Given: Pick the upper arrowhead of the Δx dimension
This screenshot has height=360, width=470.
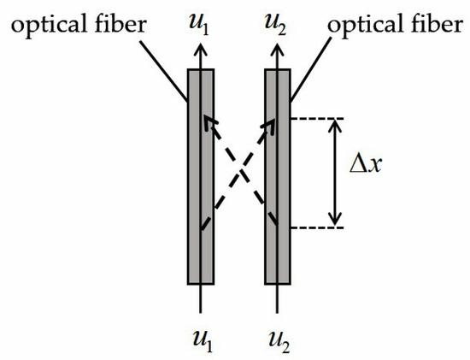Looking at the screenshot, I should (x=335, y=125).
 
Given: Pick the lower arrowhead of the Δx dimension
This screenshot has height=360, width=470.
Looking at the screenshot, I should (x=335, y=221).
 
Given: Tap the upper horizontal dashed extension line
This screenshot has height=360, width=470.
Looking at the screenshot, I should (x=316, y=118).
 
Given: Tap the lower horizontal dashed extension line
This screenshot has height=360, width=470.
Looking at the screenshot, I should (x=316, y=227).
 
